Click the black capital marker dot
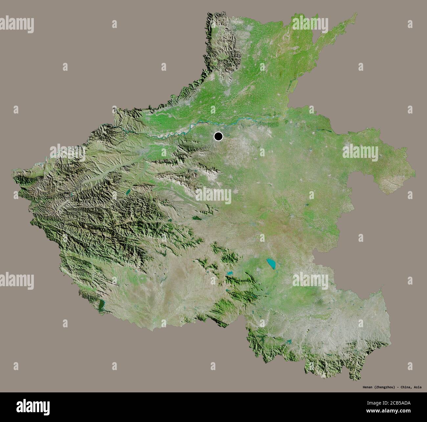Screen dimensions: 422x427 pos(218,136)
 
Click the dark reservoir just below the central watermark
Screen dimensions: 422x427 pos(197,217)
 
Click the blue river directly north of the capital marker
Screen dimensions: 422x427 pos(218,124)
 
